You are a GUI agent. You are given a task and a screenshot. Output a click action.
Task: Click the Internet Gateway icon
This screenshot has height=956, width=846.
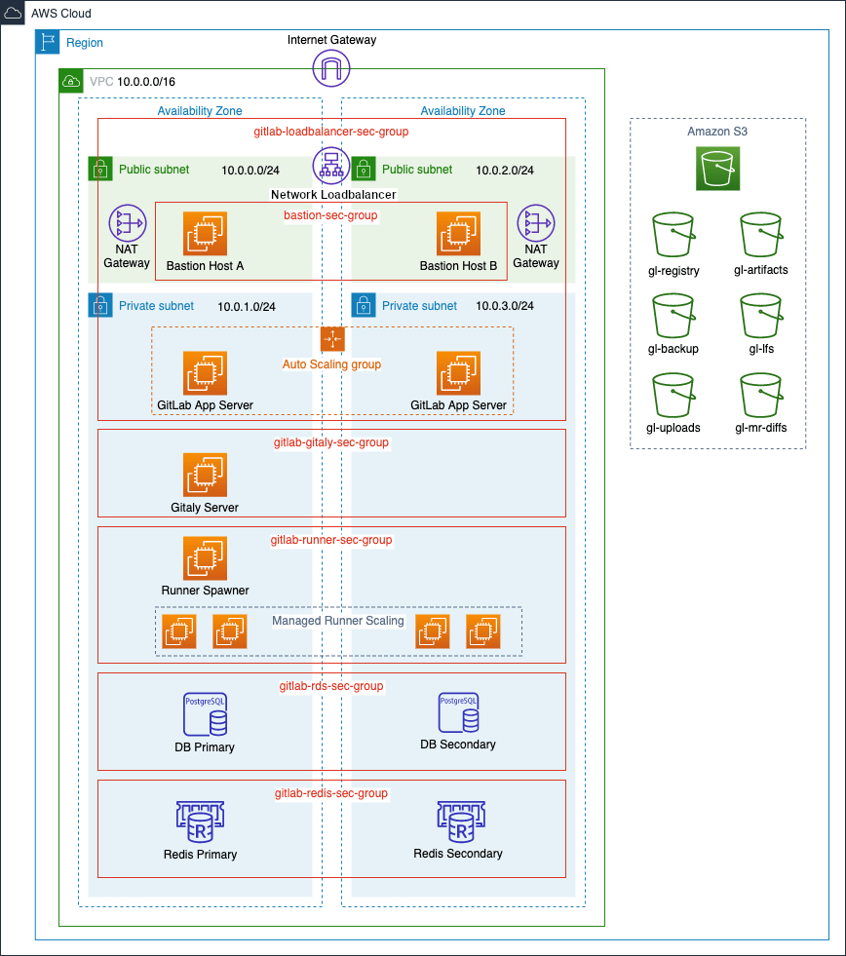[331, 68]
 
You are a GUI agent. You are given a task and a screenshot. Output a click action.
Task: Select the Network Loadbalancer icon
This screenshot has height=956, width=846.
[331, 166]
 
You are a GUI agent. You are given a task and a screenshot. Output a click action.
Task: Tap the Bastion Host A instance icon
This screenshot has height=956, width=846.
[205, 235]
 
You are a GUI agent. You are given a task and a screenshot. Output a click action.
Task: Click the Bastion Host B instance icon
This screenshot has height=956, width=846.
[458, 235]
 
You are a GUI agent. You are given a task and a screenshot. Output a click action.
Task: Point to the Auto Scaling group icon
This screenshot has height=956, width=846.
[333, 339]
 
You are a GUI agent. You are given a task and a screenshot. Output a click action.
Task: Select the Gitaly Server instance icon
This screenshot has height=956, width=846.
[205, 477]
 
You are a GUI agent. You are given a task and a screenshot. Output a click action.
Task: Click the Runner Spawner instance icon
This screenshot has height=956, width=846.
[205, 558]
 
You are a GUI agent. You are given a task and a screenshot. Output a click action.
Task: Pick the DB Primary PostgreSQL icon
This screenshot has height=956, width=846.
[205, 715]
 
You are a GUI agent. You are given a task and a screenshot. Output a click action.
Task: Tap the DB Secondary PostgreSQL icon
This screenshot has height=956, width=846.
[458, 713]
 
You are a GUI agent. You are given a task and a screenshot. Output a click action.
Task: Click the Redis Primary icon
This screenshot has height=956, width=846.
[200, 823]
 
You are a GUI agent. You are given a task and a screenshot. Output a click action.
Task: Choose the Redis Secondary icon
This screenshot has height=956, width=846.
[458, 822]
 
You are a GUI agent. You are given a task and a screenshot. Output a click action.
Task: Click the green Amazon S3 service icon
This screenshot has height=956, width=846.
[717, 169]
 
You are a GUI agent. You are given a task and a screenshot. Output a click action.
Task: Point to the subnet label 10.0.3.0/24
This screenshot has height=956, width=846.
[505, 306]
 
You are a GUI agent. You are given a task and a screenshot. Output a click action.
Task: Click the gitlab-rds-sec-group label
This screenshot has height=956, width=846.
[331, 687]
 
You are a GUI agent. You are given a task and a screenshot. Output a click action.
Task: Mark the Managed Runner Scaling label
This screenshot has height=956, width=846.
[337, 621]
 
